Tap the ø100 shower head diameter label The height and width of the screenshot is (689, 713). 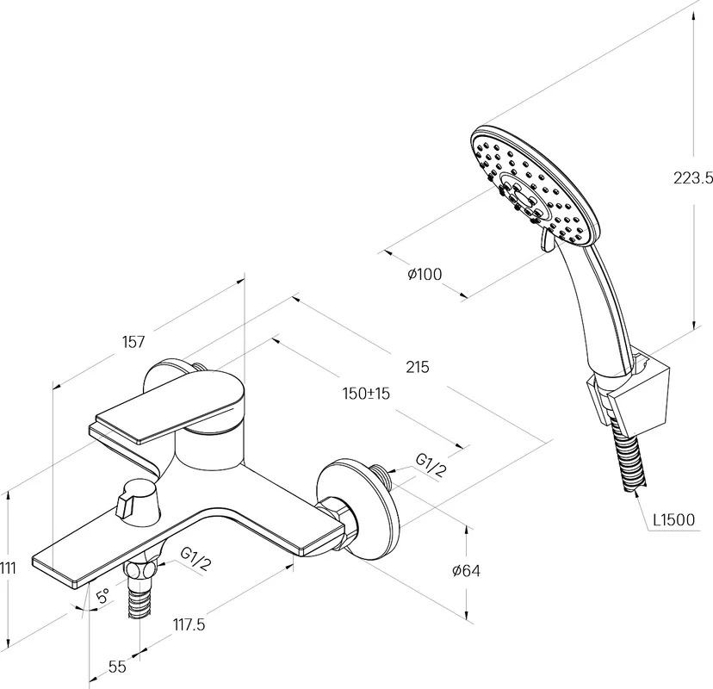[425, 274]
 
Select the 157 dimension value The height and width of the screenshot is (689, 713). [133, 342]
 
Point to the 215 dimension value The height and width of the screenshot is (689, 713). [418, 367]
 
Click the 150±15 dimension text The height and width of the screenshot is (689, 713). [367, 393]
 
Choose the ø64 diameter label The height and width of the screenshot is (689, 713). [466, 570]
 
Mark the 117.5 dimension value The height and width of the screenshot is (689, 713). [189, 625]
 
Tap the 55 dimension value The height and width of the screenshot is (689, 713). [117, 667]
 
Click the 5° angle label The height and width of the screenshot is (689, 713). [103, 595]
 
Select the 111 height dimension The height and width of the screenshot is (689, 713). [8, 568]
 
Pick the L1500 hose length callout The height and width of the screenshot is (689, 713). [674, 519]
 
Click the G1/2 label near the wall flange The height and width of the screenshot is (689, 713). [430, 465]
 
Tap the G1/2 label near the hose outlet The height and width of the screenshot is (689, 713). [196, 559]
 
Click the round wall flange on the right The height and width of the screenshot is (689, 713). [359, 512]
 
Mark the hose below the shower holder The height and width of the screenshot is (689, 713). [628, 458]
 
